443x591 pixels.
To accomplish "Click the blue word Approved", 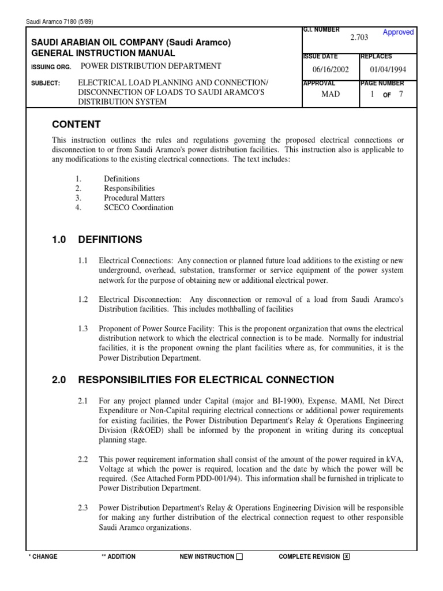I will click(x=398, y=32).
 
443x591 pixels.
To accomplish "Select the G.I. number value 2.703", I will click(x=359, y=38).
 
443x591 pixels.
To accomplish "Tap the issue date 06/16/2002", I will click(x=331, y=70).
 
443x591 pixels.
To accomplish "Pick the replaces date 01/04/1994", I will click(x=388, y=70).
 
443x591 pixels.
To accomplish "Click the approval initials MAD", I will click(x=331, y=94).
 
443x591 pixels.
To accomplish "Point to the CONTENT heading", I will click(x=76, y=125).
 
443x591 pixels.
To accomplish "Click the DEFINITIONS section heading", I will click(x=110, y=240).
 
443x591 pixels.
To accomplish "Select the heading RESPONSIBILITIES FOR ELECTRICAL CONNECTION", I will click(x=206, y=380).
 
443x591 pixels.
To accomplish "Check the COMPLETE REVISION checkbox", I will click(x=346, y=557).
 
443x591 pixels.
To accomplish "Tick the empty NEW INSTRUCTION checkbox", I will click(x=240, y=557).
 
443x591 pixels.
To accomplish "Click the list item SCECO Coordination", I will click(x=138, y=208).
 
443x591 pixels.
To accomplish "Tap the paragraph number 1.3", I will click(x=83, y=328).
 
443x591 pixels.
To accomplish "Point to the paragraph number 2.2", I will click(x=83, y=459).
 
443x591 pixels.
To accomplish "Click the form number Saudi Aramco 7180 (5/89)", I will click(x=60, y=22).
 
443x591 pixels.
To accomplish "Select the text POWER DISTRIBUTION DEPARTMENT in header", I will click(x=150, y=66).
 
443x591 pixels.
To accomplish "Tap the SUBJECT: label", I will click(x=45, y=83).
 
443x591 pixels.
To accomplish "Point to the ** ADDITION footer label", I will click(x=118, y=557).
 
